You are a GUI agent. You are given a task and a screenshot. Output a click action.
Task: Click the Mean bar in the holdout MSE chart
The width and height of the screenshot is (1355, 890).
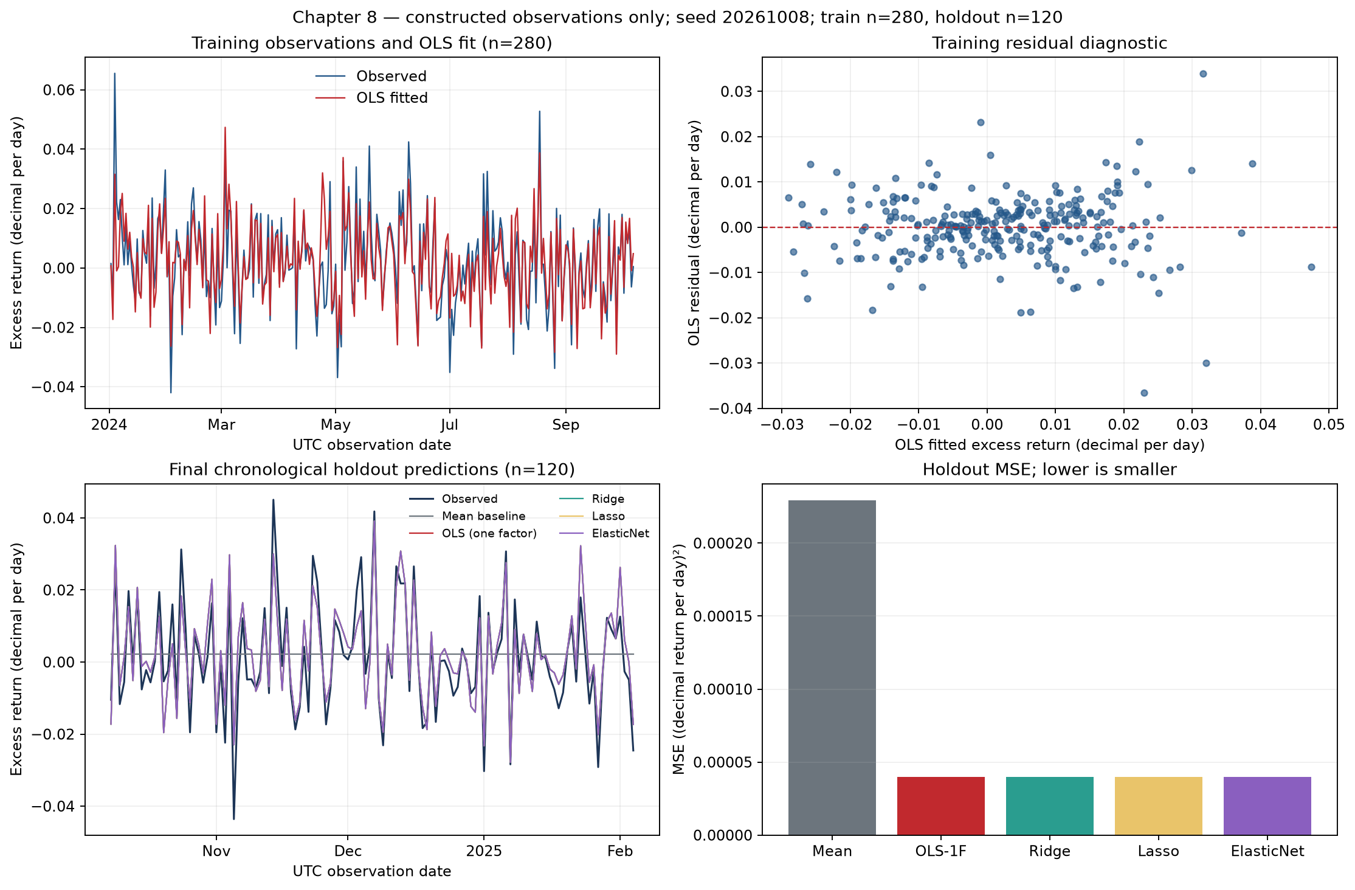tap(832, 667)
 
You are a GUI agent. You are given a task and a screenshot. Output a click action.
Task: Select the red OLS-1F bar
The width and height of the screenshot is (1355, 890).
tap(940, 806)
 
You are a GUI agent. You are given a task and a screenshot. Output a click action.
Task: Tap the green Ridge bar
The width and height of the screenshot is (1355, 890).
tap(1049, 806)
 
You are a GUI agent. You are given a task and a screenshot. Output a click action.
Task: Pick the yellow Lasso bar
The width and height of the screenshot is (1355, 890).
tap(1158, 806)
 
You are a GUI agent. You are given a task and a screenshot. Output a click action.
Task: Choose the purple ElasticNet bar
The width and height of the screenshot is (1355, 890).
tap(1267, 806)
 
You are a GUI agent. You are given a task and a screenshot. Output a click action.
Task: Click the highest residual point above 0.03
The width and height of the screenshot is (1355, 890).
tap(1202, 74)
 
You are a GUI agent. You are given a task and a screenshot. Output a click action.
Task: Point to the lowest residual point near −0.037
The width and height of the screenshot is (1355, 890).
tap(1143, 393)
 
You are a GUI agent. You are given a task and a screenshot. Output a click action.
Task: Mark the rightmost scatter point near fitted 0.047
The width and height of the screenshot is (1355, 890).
tap(1311, 267)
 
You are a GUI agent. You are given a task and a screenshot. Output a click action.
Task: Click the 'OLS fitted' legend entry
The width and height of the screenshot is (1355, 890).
tap(371, 98)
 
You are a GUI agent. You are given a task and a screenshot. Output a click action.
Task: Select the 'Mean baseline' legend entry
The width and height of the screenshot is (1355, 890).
tap(467, 516)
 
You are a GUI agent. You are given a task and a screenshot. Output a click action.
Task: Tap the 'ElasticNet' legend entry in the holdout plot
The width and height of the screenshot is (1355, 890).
tap(604, 533)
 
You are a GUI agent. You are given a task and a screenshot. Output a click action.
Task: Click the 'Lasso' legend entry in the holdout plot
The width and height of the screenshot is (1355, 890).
tap(591, 516)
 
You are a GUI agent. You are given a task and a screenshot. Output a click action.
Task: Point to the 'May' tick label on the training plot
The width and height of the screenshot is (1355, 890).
tap(336, 425)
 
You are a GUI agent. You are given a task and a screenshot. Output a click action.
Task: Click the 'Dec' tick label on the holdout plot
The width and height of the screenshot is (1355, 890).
tap(348, 851)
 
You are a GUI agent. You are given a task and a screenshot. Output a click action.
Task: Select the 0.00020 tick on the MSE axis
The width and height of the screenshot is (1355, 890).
tap(723, 543)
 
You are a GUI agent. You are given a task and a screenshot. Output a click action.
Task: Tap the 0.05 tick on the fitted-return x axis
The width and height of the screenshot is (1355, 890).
tap(1328, 424)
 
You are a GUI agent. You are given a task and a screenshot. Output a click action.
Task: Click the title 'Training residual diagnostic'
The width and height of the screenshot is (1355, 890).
tap(1049, 43)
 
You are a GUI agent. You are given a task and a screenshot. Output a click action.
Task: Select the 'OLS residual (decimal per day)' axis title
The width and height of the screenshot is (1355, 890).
tap(694, 233)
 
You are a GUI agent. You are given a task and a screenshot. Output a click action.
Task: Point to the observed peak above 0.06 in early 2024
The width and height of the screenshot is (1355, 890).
tap(114, 74)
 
